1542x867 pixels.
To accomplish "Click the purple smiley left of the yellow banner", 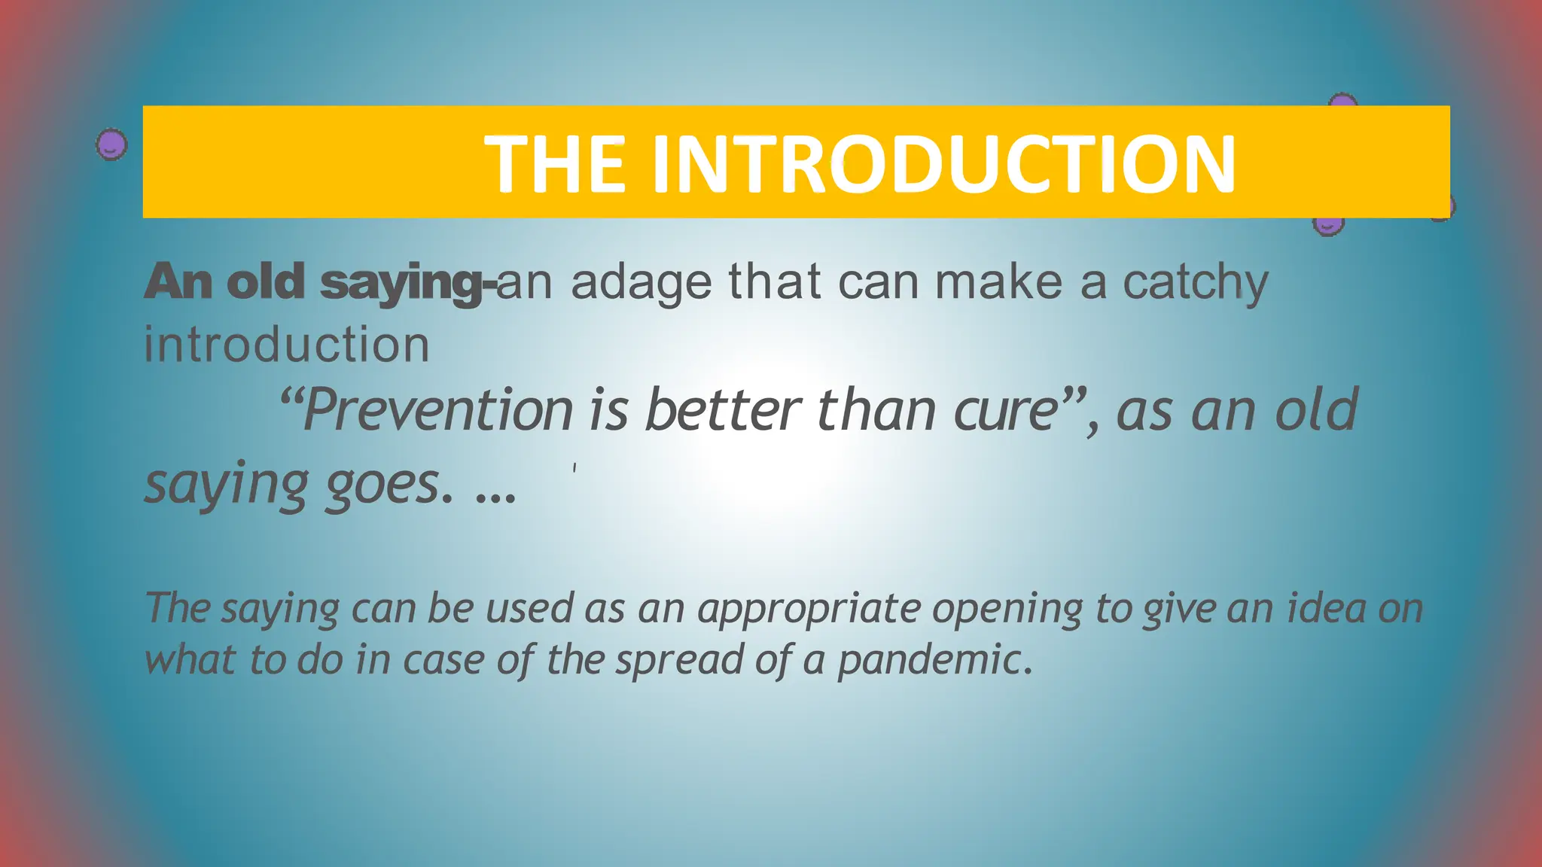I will pyautogui.click(x=111, y=144).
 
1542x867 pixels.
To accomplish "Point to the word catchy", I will pyautogui.click(x=1195, y=283).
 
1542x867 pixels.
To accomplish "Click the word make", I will pyautogui.click(x=999, y=282).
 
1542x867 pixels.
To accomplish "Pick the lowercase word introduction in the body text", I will pyautogui.click(x=287, y=345).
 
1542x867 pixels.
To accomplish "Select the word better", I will pyautogui.click(x=723, y=410).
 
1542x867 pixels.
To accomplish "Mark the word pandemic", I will pyautogui.click(x=934, y=660).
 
